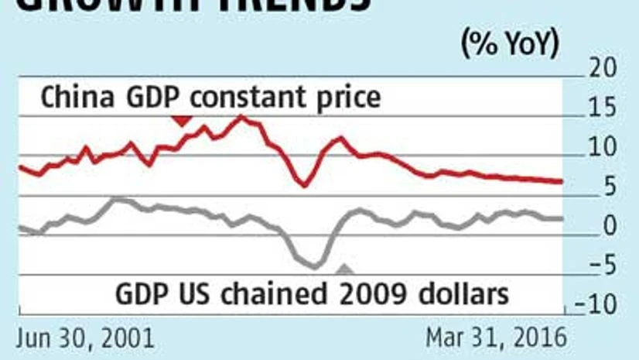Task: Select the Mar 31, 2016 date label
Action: pyautogui.click(x=496, y=338)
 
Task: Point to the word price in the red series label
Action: pyautogui.click(x=347, y=98)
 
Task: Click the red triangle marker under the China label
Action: pyautogui.click(x=182, y=120)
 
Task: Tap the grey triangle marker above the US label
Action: pyautogui.click(x=344, y=269)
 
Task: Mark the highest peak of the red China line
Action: pyautogui.click(x=241, y=116)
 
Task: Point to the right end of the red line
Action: pyautogui.click(x=562, y=182)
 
